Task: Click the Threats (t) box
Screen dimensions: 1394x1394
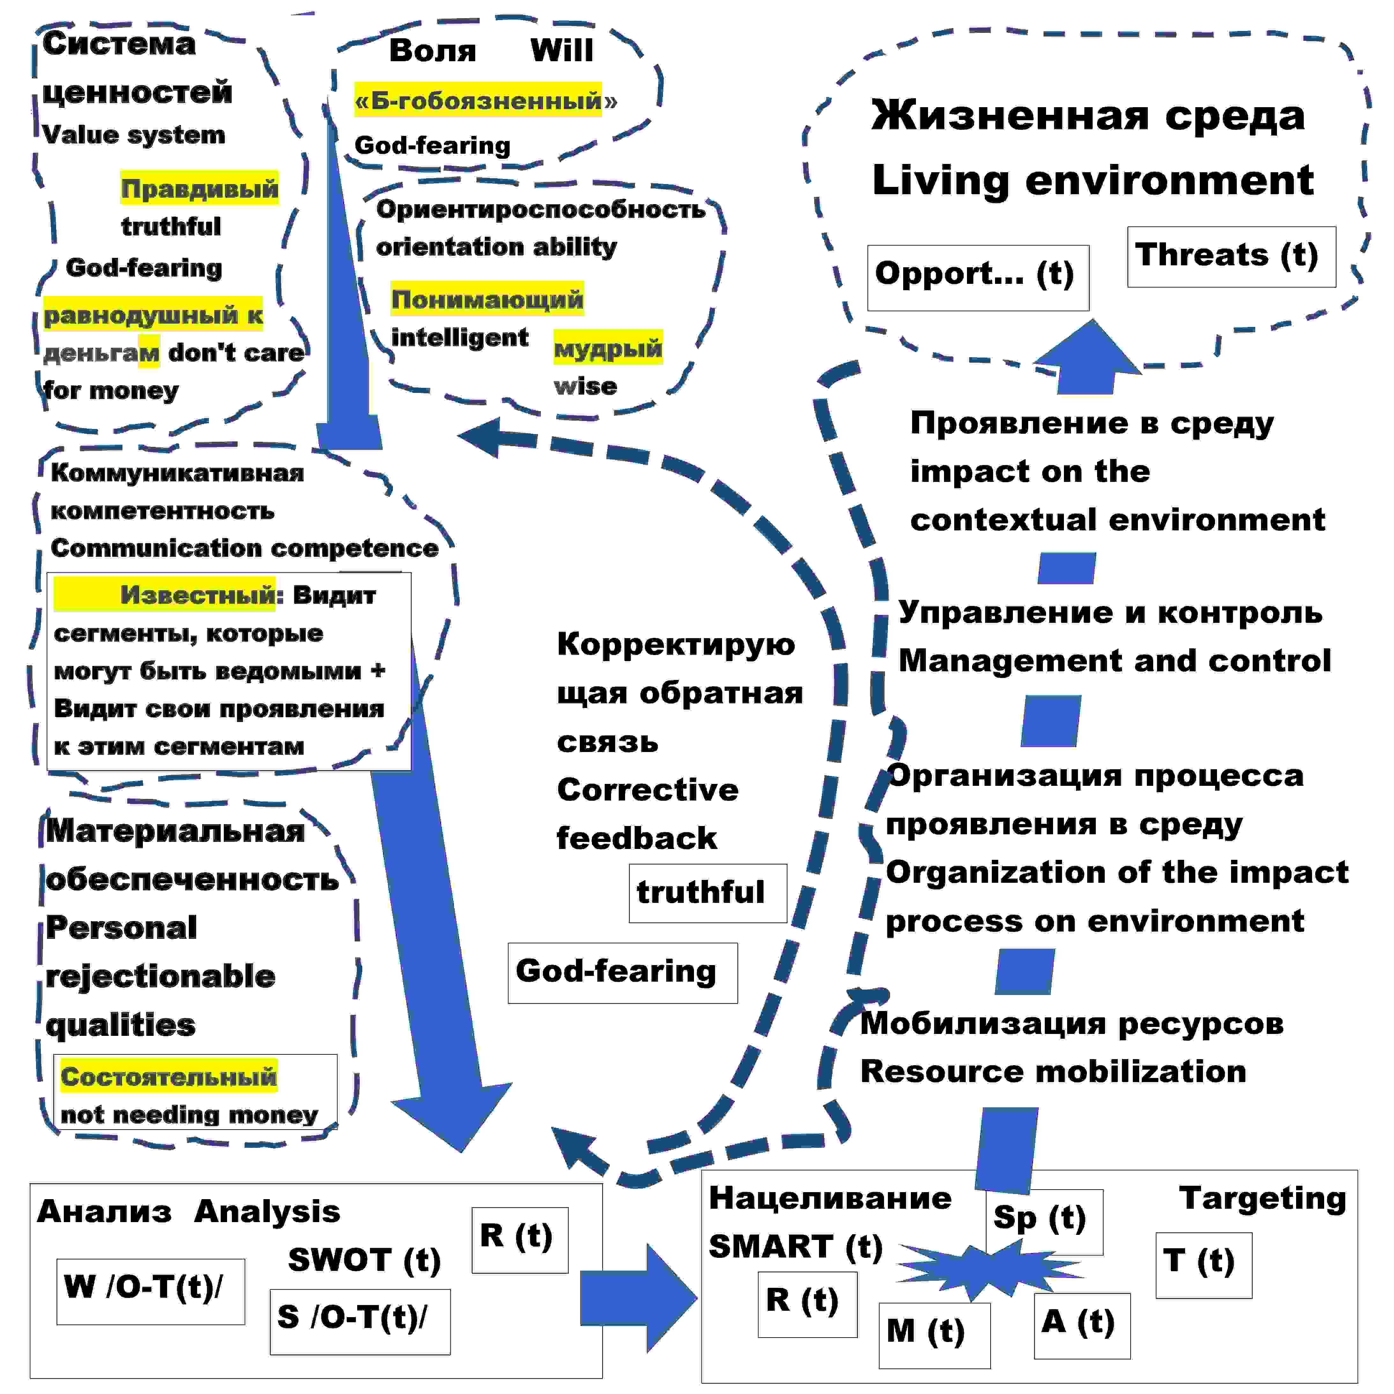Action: [x=1231, y=257]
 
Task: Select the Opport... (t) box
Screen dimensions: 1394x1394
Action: [x=978, y=278]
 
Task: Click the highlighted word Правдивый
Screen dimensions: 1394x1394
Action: [x=199, y=188]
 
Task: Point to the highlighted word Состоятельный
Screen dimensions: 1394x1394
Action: [x=169, y=1077]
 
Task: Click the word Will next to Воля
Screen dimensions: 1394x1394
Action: [x=561, y=50]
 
